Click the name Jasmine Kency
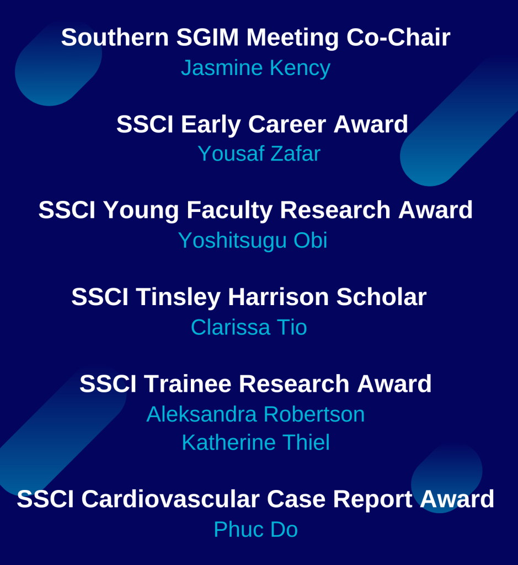pos(255,68)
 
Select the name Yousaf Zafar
pos(259,154)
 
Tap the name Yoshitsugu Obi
pos(253,241)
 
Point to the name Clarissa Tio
pos(249,327)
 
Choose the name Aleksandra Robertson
pos(255,414)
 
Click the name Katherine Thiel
pos(255,443)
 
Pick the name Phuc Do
pos(255,530)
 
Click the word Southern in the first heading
pos(115,37)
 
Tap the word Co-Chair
pos(398,37)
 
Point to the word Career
pos(287,124)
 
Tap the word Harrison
pos(278,297)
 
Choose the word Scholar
pos(382,297)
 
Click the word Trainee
pos(188,383)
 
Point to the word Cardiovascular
pos(170,499)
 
